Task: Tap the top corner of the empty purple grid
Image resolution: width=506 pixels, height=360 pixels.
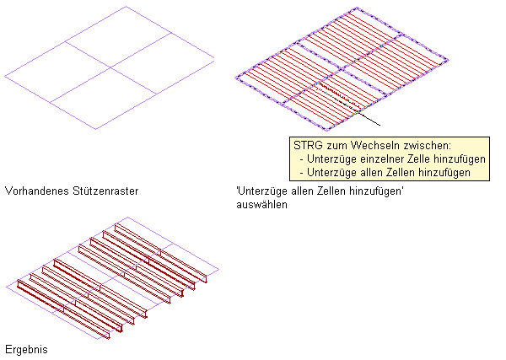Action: click(x=126, y=8)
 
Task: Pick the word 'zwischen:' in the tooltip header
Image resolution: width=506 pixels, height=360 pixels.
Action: click(x=428, y=145)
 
